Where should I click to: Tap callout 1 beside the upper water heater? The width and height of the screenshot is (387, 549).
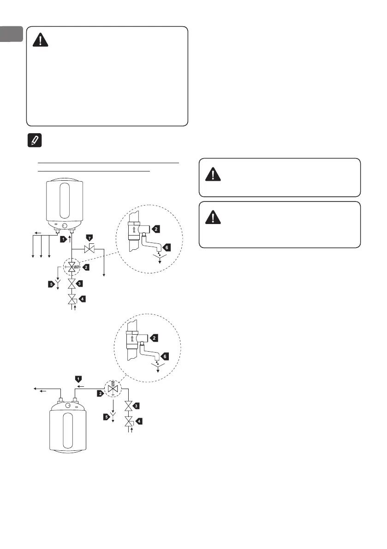(62, 239)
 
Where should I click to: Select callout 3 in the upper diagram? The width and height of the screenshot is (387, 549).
(80, 283)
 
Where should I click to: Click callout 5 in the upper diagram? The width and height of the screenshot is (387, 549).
(51, 284)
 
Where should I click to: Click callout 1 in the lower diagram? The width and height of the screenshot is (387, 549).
(79, 378)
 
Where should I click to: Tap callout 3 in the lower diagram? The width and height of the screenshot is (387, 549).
(137, 405)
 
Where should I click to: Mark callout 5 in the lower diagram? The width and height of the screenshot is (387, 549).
(107, 417)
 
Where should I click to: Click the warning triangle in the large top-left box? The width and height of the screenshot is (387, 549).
(42, 41)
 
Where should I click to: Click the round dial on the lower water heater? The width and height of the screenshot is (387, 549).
(68, 406)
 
